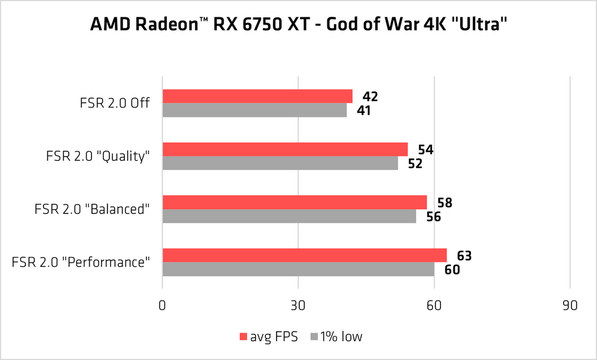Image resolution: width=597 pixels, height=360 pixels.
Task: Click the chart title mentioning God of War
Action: coord(298,25)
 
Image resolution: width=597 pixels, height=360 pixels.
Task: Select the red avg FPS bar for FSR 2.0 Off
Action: coord(257,96)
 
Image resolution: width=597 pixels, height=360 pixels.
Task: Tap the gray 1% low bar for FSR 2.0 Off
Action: coord(255,110)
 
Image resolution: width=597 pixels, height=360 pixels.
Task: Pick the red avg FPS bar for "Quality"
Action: coord(285,149)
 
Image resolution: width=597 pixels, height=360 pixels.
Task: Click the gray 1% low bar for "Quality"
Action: coord(280,163)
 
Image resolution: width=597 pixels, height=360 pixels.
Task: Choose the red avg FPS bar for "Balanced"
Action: coord(295,202)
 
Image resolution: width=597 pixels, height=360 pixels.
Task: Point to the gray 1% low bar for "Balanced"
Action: coord(289,216)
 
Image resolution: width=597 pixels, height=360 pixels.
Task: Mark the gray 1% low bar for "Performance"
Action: coord(298,269)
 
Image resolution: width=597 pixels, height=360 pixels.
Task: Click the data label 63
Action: coord(464,256)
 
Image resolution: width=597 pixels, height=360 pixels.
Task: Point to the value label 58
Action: coord(444,203)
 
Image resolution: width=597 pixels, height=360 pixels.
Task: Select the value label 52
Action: coord(414,163)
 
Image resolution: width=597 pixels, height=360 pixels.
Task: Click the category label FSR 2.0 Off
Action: coord(114,103)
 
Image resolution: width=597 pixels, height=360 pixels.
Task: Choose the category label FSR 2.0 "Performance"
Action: coord(80,262)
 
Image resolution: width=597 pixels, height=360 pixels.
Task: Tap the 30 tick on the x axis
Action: coord(298,306)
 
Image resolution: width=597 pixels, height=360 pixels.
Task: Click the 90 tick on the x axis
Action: coord(570,306)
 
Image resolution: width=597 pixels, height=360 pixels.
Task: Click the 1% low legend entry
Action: coord(336,337)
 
